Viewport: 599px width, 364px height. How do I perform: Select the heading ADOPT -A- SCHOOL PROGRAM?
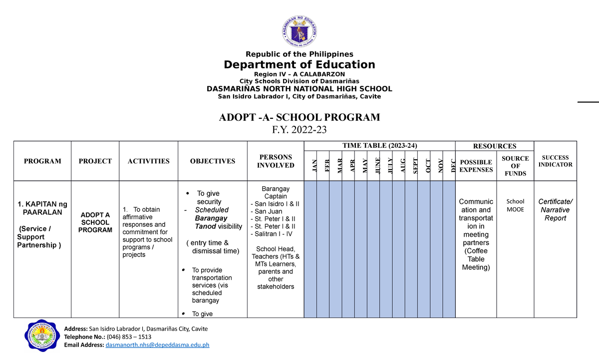click(x=299, y=117)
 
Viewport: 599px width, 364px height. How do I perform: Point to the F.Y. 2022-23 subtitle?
click(x=299, y=130)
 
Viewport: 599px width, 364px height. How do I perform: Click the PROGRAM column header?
click(x=42, y=161)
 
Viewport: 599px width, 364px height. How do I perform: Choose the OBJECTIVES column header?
click(x=212, y=161)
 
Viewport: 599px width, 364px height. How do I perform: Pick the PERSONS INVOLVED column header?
click(x=276, y=161)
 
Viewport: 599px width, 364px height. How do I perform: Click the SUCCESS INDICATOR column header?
click(x=555, y=161)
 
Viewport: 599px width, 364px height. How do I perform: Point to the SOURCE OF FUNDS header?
click(x=515, y=166)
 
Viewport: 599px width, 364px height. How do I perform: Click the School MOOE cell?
click(x=515, y=205)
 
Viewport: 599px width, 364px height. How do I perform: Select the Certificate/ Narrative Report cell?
click(x=555, y=210)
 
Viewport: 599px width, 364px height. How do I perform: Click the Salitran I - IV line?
click(x=275, y=234)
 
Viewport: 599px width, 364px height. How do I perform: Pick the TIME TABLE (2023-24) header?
click(x=380, y=145)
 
